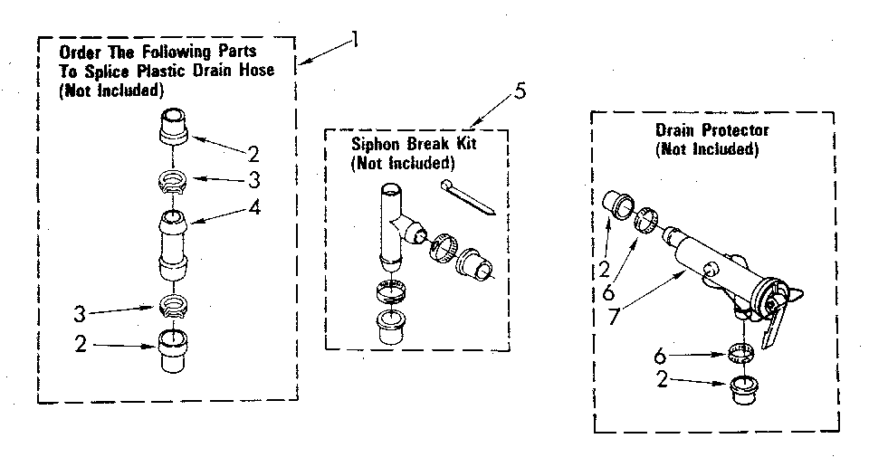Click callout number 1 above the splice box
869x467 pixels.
click(355, 40)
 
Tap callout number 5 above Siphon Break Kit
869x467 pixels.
click(519, 91)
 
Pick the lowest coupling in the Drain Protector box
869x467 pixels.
click(744, 389)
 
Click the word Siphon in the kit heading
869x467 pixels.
click(373, 146)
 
